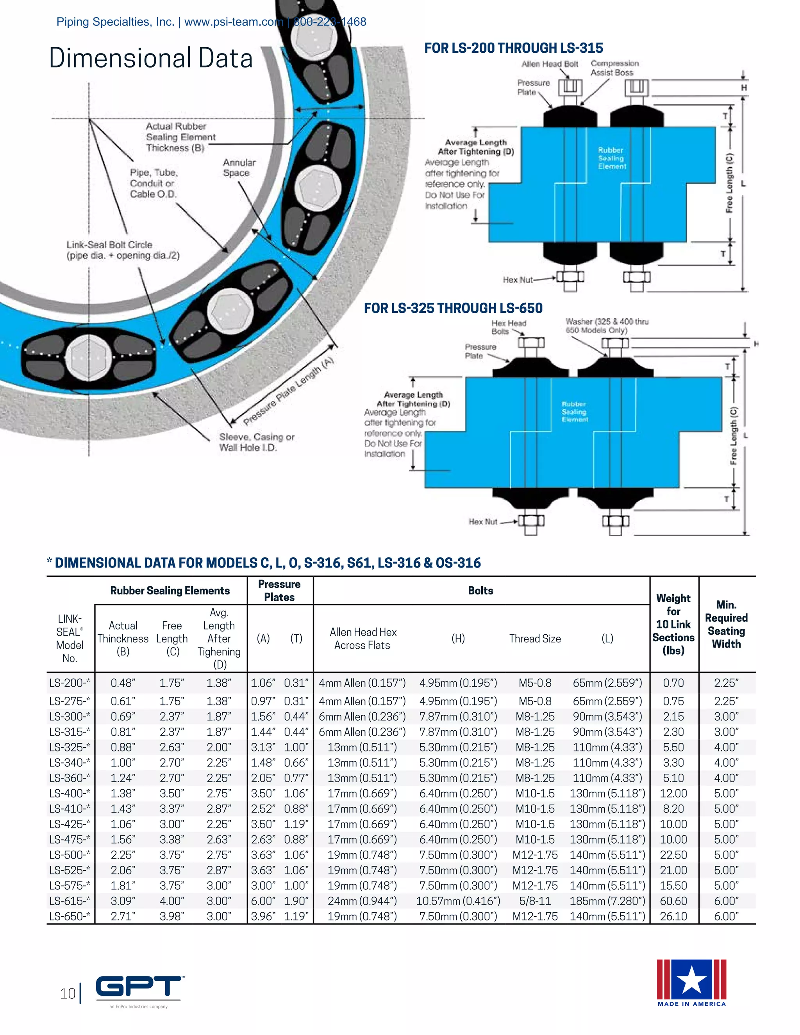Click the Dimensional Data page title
pos(151,58)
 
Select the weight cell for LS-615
pos(673,901)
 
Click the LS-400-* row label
pos(70,793)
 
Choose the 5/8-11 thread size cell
pos(535,901)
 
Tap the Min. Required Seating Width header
pos(726,624)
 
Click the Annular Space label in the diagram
pos(239,168)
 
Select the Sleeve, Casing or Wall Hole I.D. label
pos(256,442)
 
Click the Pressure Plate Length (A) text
pos(289,391)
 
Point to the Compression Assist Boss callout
pos(614,68)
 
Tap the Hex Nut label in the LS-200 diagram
pos(518,280)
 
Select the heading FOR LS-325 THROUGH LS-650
pos(453,308)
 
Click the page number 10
pos(68,993)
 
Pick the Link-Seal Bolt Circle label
pos(123,250)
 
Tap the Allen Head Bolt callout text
pos(549,64)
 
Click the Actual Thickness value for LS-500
pos(123,855)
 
